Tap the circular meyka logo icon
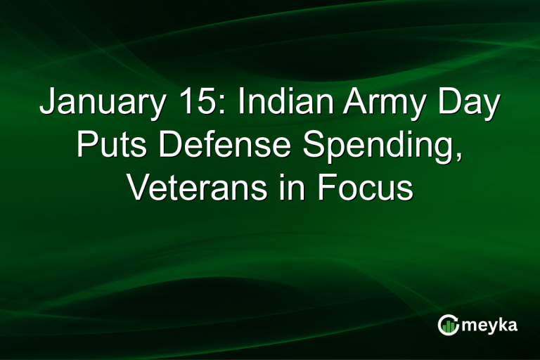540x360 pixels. coord(447,325)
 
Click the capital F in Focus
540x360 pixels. coord(326,189)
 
